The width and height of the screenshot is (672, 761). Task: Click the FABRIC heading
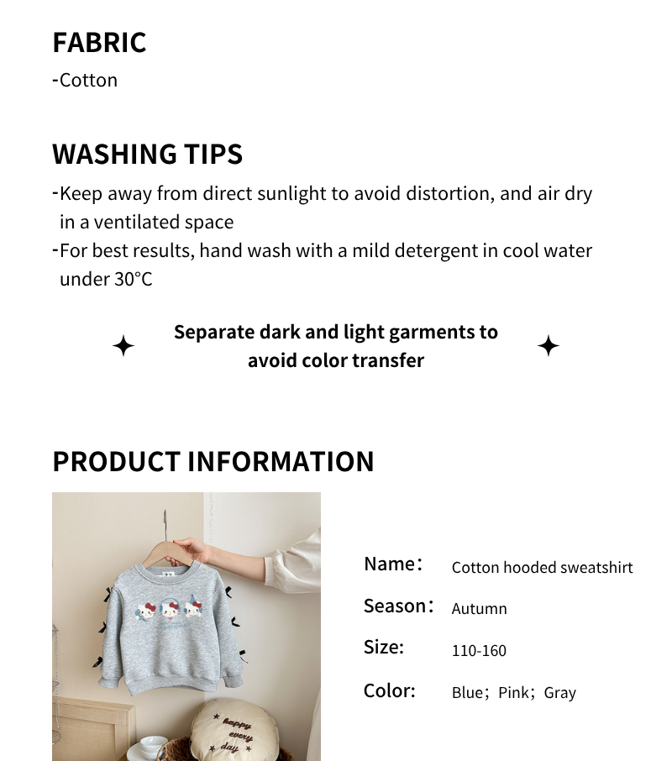coord(99,42)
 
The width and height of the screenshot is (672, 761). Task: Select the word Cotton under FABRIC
coord(88,81)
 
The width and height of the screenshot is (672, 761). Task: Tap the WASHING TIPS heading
coord(147,155)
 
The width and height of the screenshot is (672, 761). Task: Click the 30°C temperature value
coord(133,280)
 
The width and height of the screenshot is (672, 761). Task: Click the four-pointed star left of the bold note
coord(123,346)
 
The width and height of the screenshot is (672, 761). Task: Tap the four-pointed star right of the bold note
coord(549,346)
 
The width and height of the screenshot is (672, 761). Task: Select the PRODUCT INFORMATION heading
coord(213,462)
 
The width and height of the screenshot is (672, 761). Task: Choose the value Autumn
coord(479,609)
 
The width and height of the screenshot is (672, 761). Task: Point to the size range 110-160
coord(479,651)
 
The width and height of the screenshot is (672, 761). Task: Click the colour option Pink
coord(513,693)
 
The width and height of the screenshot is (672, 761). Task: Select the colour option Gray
coord(559,693)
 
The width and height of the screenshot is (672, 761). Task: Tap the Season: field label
coord(398,606)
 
